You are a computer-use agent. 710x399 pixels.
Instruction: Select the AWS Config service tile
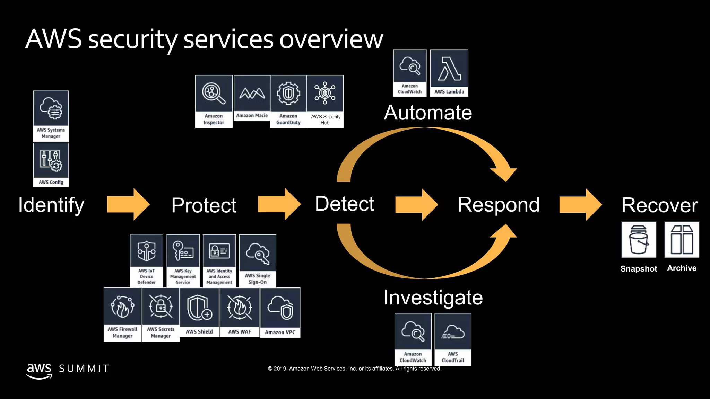coord(51,165)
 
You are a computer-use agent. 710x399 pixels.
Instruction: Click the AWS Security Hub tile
coord(325,101)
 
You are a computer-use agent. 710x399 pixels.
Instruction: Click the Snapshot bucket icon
coord(639,240)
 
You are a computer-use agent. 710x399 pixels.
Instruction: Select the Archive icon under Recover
coord(682,240)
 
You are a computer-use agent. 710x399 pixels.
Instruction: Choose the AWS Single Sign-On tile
coord(258,260)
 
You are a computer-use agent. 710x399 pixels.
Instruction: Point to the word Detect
coord(345,204)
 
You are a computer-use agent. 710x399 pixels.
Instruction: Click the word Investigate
coord(433,298)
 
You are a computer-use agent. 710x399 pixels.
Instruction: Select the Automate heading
coord(428,113)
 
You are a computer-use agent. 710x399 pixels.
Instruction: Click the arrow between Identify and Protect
coord(128,204)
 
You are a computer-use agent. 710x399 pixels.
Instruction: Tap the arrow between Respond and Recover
coord(580,205)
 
